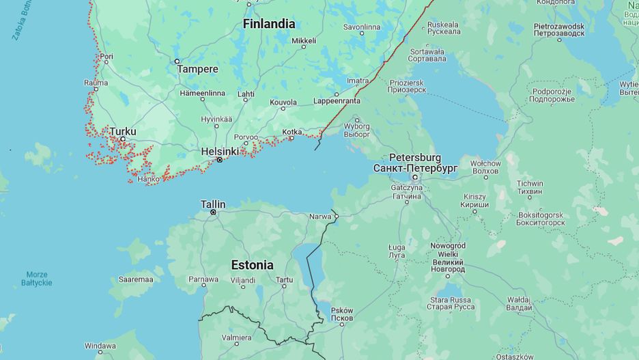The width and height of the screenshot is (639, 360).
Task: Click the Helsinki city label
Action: point(219,151)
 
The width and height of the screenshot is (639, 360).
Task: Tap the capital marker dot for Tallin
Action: point(214,212)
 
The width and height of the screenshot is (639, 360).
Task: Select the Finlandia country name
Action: point(269,24)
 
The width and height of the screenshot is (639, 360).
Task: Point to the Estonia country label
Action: point(252,265)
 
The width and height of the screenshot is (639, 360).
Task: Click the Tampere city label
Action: point(197,69)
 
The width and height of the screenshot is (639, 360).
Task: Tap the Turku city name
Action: point(123,131)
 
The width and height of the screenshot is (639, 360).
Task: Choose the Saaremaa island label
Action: point(135,279)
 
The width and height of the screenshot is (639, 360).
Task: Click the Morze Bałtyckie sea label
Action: point(37,279)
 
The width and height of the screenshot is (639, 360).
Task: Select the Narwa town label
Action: point(319,217)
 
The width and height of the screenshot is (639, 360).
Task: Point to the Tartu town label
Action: point(284,279)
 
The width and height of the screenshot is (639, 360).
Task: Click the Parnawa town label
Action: point(203,279)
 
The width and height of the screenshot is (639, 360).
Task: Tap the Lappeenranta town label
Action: point(337,100)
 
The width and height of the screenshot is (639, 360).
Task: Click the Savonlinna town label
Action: point(361,27)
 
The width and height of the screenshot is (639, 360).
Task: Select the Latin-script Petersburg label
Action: point(415,158)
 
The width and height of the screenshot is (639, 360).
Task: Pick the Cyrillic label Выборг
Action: point(356,134)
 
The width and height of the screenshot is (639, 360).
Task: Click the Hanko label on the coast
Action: point(148,180)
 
